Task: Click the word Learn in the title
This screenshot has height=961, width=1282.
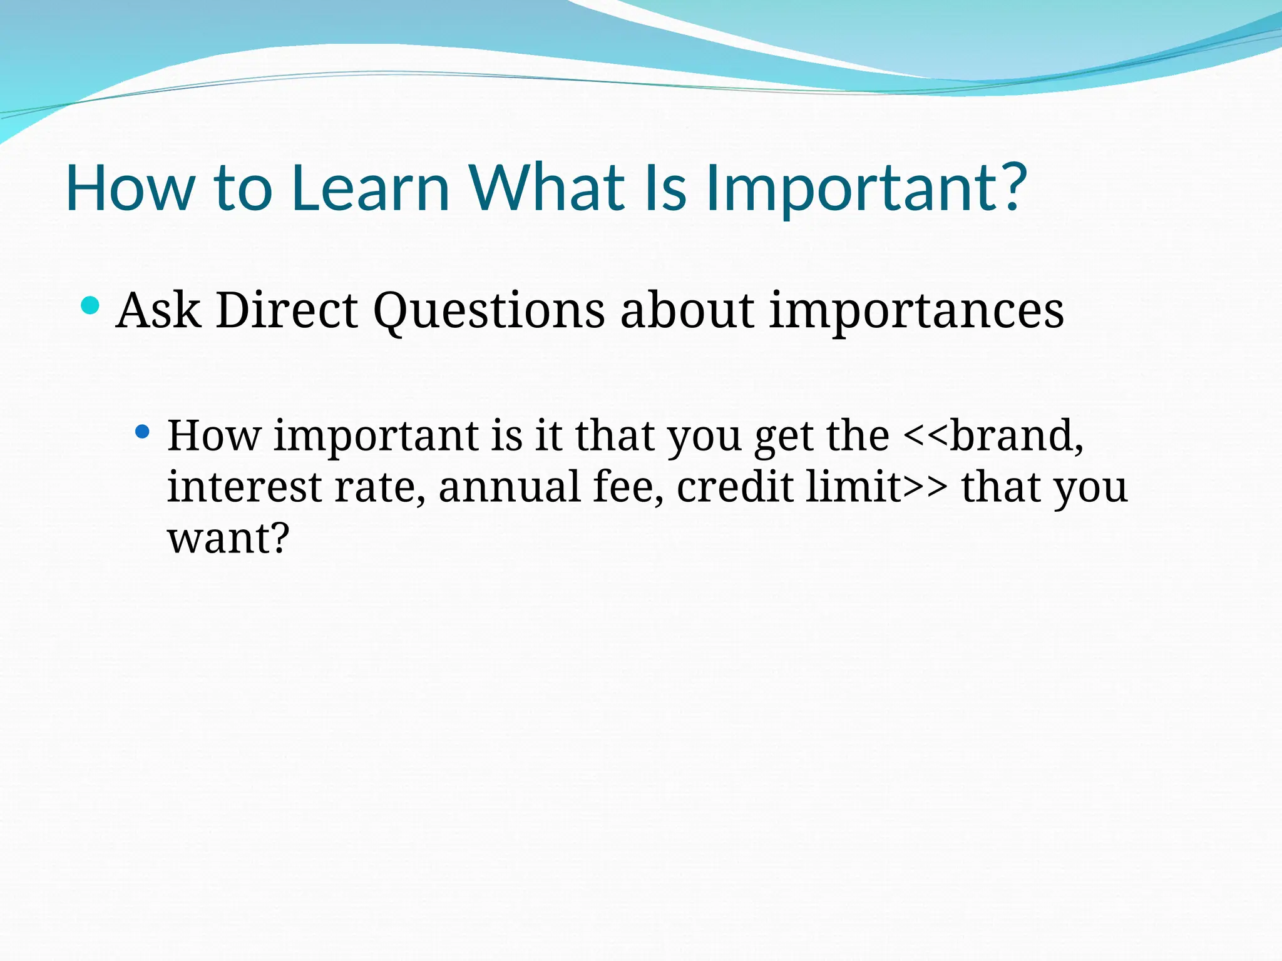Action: (x=370, y=188)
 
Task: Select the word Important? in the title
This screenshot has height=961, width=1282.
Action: (x=866, y=188)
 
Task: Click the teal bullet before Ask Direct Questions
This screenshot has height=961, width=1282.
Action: (x=91, y=306)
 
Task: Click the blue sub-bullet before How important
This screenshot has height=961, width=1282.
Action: (x=143, y=431)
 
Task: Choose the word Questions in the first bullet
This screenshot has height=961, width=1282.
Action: (x=489, y=311)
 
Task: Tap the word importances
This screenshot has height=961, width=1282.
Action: (x=916, y=311)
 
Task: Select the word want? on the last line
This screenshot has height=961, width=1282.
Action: (x=228, y=538)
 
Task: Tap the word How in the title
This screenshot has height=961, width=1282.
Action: (x=130, y=188)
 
